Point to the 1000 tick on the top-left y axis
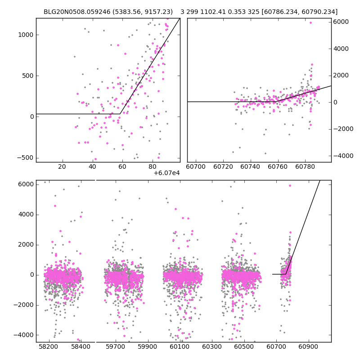[x=26, y=35]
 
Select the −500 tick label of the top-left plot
[x=26, y=157]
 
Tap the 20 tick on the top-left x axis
[x=62, y=167]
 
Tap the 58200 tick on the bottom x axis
[x=49, y=347]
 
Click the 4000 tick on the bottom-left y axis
[x=26, y=214]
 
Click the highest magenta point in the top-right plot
[x=310, y=22]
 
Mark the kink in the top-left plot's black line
[x=120, y=114]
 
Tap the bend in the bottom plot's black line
[x=286, y=274]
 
